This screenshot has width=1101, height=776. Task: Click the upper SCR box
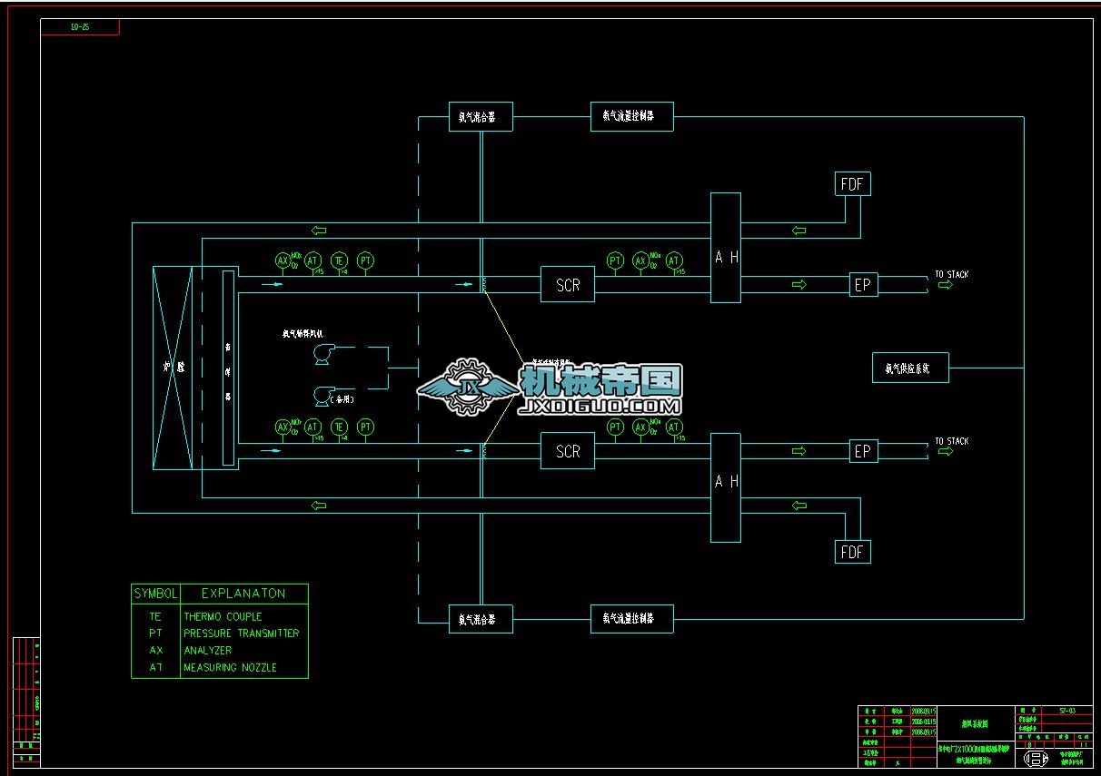[x=568, y=285]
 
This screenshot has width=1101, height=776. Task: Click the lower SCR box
[x=568, y=451]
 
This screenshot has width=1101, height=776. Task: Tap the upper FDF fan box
[x=852, y=184]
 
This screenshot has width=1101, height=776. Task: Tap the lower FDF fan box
[x=852, y=552]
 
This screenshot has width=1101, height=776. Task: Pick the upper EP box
[x=863, y=285]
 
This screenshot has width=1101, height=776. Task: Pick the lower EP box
[x=863, y=451]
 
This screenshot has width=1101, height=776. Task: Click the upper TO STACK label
[x=951, y=274]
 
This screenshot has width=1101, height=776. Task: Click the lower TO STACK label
[x=951, y=441]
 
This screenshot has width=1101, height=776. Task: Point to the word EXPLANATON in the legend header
[x=243, y=594]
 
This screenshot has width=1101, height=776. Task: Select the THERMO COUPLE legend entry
[x=223, y=617]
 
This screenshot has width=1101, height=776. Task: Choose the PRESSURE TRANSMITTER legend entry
[x=241, y=634]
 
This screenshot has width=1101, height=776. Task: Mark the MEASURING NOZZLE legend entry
[x=230, y=668]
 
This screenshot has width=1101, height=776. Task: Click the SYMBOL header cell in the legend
[x=156, y=594]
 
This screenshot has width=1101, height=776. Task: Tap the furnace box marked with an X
[x=172, y=368]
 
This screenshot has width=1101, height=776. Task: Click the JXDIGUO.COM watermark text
[x=599, y=407]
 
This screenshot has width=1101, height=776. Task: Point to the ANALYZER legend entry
[x=207, y=651]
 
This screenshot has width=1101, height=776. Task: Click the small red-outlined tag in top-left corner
[x=80, y=27]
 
